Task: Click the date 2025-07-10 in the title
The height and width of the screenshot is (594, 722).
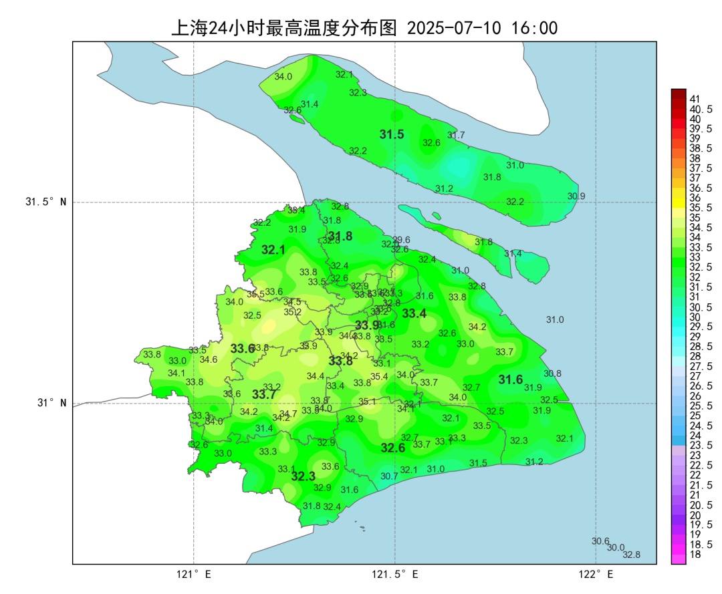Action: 455,28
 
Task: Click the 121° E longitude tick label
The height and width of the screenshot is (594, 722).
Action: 195,574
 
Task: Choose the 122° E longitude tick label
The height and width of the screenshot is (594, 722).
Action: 596,574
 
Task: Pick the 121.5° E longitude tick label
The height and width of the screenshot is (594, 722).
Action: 395,574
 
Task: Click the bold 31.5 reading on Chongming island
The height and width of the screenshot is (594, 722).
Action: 392,134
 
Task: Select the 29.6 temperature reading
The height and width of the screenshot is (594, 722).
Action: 401,240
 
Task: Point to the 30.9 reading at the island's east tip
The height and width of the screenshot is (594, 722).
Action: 576,196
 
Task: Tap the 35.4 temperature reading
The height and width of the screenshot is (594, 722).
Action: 379,376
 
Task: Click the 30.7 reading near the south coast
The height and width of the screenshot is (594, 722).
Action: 389,476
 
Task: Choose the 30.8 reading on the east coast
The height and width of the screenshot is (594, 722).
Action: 552,374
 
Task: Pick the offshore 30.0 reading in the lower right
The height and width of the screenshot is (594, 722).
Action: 616,547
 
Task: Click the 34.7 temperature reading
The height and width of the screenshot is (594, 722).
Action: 288,414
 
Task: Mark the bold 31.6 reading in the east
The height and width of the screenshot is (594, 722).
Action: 511,380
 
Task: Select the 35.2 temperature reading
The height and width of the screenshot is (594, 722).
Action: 292,311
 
